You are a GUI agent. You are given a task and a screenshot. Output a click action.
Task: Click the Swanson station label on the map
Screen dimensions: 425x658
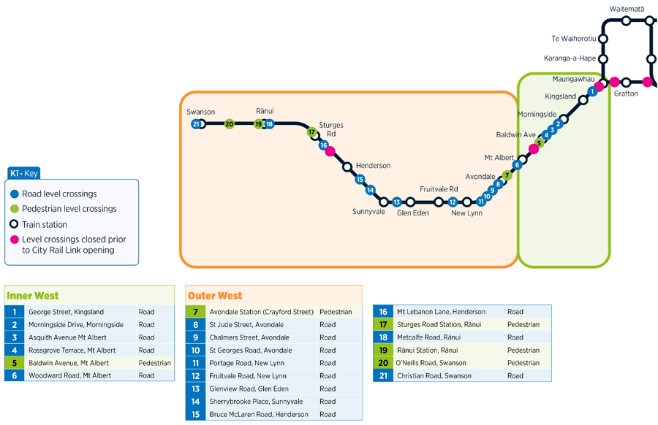pos(200,112)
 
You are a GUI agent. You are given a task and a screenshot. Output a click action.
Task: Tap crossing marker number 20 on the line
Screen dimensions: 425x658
pos(230,124)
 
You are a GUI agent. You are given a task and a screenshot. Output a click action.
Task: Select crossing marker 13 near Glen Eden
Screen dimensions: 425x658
pos(397,202)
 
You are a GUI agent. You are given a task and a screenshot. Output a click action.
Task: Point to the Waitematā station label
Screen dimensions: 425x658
pos(627,9)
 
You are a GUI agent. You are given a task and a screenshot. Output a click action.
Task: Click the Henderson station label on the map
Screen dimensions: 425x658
pos(373,166)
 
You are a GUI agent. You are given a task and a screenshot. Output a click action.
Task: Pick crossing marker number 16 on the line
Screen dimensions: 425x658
pos(323,145)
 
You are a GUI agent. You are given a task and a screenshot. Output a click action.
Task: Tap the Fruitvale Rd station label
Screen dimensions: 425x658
pos(439,188)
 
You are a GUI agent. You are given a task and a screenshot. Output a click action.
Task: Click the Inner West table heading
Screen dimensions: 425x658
pos(33,296)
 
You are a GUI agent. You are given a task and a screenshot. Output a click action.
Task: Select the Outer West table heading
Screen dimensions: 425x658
pos(215,296)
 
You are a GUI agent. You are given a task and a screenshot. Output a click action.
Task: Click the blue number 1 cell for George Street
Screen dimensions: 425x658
pos(14,312)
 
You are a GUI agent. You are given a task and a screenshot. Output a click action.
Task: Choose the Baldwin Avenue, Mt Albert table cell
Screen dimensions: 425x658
pos(69,363)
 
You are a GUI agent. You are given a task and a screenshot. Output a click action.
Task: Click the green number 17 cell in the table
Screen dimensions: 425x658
pos(382,325)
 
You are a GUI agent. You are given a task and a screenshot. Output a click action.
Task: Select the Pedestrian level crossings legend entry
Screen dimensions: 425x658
pos(69,209)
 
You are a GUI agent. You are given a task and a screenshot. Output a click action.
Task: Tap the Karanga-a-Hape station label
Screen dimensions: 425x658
pos(570,58)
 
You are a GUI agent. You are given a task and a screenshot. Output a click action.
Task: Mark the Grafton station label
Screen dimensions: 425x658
pos(626,93)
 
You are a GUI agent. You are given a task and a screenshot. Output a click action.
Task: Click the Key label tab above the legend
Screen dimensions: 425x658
pos(24,173)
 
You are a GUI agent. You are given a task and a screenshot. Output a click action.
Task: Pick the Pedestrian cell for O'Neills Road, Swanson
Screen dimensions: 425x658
pos(523,363)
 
